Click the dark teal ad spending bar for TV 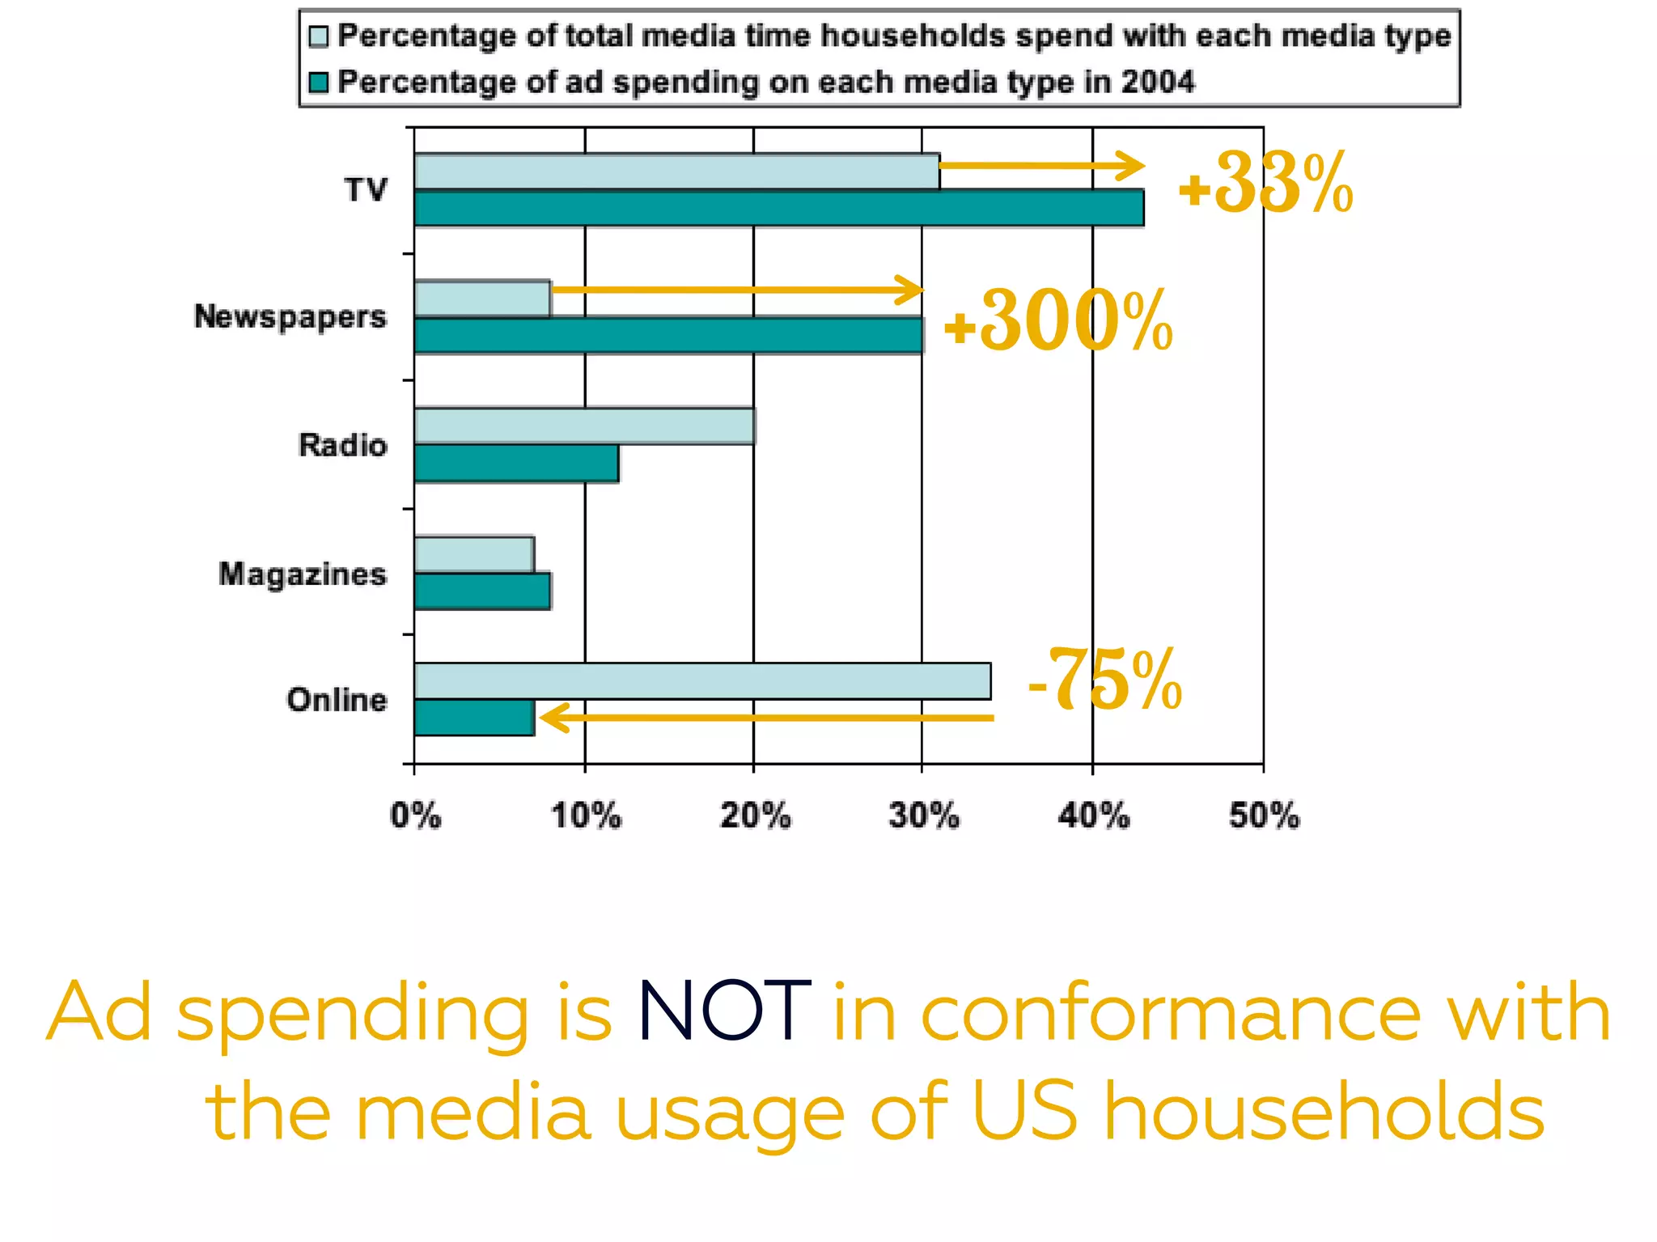pos(778,208)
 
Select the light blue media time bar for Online pos(702,681)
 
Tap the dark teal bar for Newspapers pos(668,336)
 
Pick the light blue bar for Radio pos(584,426)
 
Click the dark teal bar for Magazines pos(482,591)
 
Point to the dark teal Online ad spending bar pos(474,718)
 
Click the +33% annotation pos(1265,184)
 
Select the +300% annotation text pos(1058,323)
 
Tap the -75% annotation pos(1105,680)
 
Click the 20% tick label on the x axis pos(755,816)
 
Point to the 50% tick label pos(1264,816)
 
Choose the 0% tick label pos(416,816)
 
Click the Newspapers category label pos(290,317)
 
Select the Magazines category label pos(303,574)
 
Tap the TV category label pos(366,190)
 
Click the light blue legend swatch pos(319,36)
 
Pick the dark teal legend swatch pos(319,83)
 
